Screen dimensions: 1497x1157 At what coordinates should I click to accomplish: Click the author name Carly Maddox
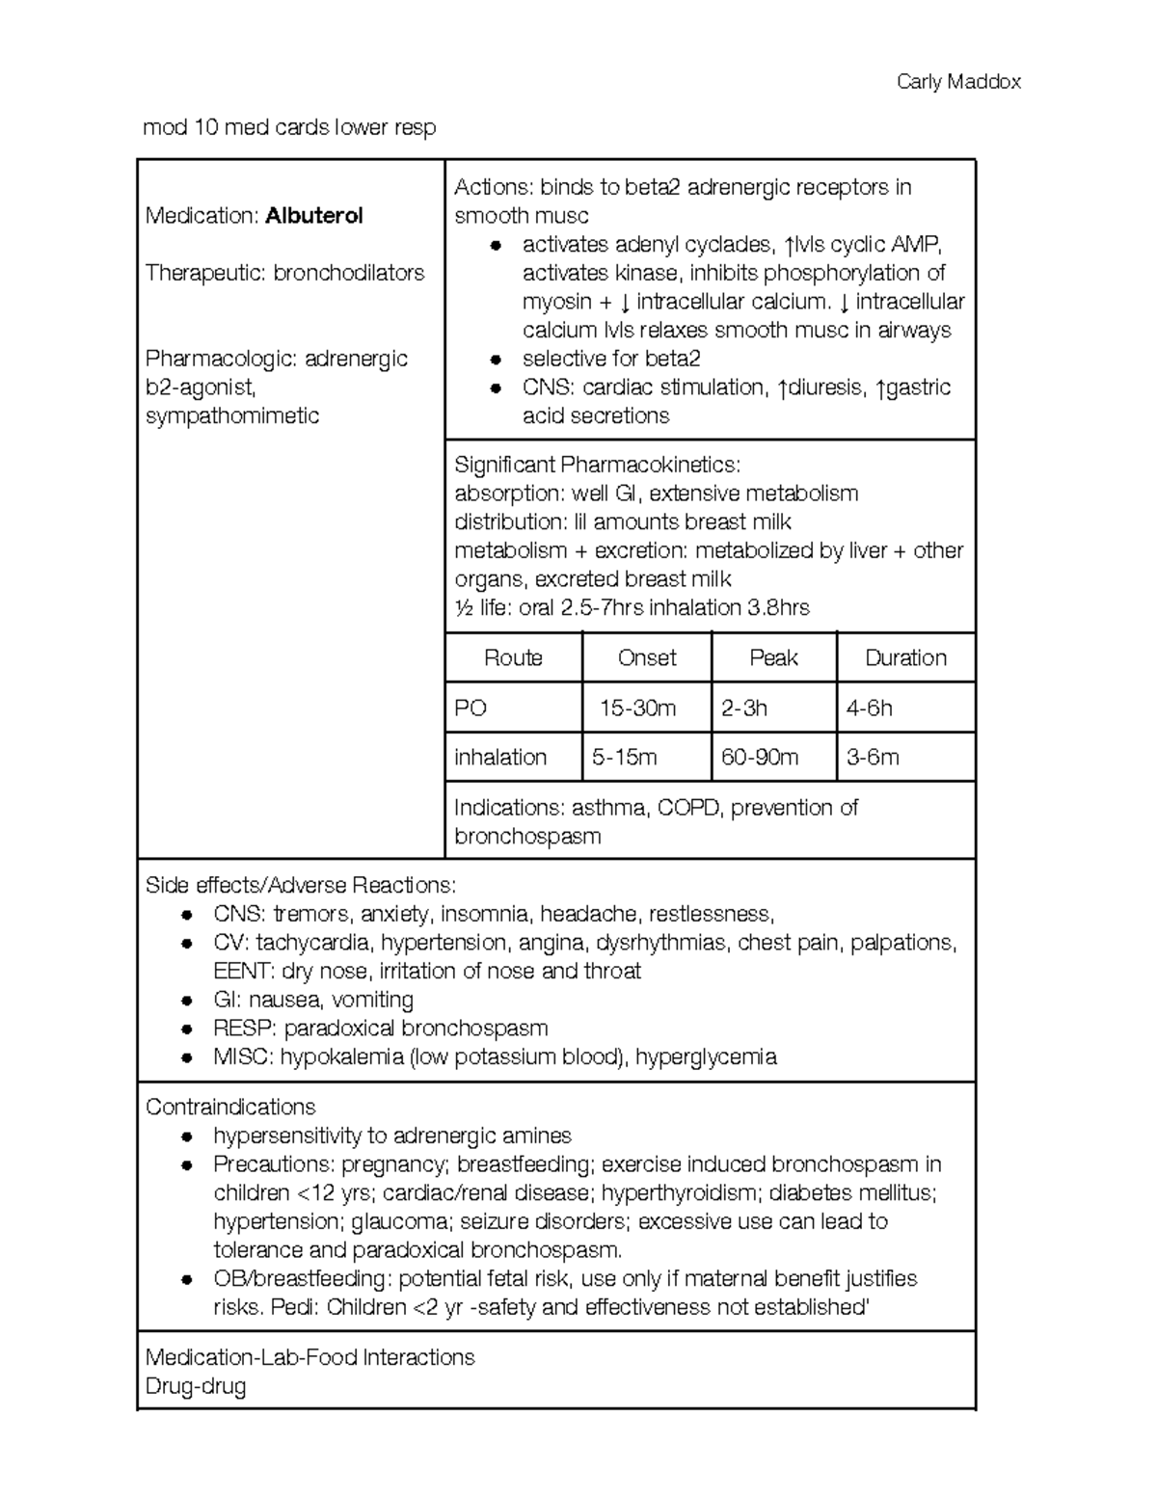click(x=957, y=82)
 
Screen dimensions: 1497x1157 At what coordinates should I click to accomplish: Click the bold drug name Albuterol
click(x=313, y=216)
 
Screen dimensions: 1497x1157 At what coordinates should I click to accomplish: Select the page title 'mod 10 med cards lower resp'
click(x=289, y=127)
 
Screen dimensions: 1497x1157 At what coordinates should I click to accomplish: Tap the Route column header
click(x=513, y=658)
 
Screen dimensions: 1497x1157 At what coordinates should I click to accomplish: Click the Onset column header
click(x=647, y=658)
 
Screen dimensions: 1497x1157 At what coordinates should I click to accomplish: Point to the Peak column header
click(x=773, y=658)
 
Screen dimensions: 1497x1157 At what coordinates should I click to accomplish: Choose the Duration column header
click(x=905, y=658)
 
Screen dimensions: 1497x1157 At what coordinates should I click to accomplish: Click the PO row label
click(x=471, y=708)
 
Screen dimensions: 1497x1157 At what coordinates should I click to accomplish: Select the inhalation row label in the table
click(x=500, y=758)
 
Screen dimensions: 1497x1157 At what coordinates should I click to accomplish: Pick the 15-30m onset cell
click(x=637, y=708)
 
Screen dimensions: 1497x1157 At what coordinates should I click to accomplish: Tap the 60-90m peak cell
click(x=760, y=758)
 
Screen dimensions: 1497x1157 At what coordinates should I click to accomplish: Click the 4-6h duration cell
click(x=869, y=708)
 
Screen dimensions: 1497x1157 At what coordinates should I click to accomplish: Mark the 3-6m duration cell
click(x=873, y=758)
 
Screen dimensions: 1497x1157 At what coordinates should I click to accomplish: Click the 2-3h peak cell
click(x=744, y=708)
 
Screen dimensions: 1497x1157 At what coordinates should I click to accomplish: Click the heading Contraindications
click(x=230, y=1107)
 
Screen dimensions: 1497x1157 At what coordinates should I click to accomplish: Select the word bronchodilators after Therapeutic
click(x=349, y=273)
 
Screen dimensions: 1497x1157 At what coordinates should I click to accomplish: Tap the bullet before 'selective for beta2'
click(x=496, y=360)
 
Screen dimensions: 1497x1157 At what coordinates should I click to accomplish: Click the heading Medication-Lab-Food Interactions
click(x=309, y=1357)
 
